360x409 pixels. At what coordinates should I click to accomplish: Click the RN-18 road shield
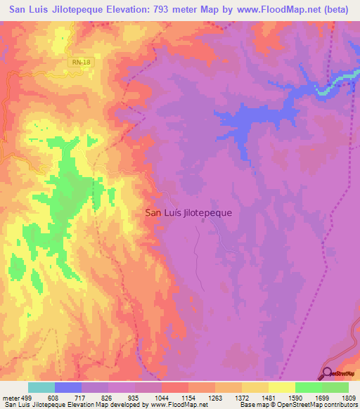[x=80, y=63]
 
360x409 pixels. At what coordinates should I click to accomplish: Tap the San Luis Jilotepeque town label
[x=188, y=212]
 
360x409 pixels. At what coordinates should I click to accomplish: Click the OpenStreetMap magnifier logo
[x=327, y=373]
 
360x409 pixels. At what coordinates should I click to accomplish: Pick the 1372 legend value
[x=243, y=398]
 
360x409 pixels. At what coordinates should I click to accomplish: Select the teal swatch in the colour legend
[x=41, y=387]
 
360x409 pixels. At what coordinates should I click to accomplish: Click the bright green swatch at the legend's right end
[x=335, y=387]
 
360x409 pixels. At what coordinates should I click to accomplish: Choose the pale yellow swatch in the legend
[x=282, y=387]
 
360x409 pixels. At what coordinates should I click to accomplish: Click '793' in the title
[x=163, y=10]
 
